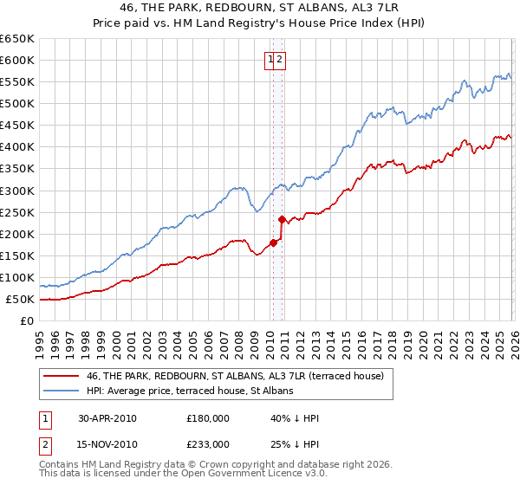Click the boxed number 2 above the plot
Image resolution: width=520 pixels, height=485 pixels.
click(281, 60)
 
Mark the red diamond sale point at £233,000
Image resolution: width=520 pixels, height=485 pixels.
click(282, 219)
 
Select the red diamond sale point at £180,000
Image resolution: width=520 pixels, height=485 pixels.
click(273, 242)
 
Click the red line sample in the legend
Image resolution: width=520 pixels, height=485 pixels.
click(62, 375)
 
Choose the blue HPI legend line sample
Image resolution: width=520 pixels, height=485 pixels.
click(62, 391)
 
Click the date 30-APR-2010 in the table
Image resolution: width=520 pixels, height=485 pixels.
click(107, 418)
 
